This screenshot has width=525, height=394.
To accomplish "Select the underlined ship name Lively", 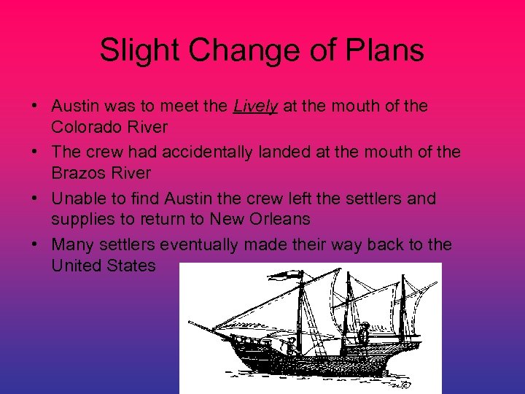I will click(255, 107).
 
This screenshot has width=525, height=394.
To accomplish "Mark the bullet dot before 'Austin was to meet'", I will click(35, 107).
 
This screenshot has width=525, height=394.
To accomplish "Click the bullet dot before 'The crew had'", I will click(35, 152).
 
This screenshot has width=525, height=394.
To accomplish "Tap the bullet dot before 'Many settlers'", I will click(35, 244).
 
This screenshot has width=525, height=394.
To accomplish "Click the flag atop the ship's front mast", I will click(287, 276).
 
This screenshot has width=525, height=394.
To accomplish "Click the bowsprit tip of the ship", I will click(191, 322).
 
